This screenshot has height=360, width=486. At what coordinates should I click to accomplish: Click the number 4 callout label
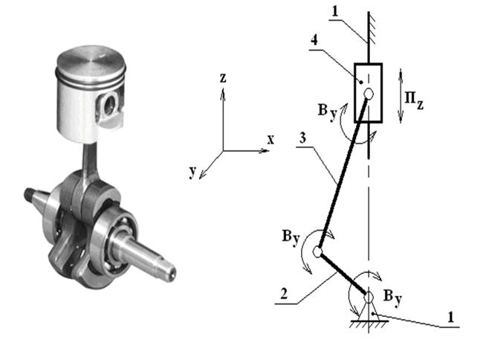tap(314, 40)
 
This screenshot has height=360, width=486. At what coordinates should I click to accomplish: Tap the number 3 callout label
tap(302, 138)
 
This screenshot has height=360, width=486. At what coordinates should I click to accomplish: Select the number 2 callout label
tap(284, 294)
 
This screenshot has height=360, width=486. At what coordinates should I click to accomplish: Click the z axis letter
tap(223, 78)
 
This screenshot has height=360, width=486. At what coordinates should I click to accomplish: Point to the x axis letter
tap(270, 140)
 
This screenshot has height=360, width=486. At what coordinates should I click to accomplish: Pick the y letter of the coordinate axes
tap(192, 171)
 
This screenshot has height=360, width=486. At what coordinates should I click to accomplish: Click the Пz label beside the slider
tap(414, 100)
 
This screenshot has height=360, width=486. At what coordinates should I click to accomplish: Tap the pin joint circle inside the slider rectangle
tap(369, 93)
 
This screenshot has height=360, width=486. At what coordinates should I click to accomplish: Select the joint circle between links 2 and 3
tap(318, 251)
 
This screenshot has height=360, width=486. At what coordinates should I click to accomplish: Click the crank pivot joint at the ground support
tap(369, 297)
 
